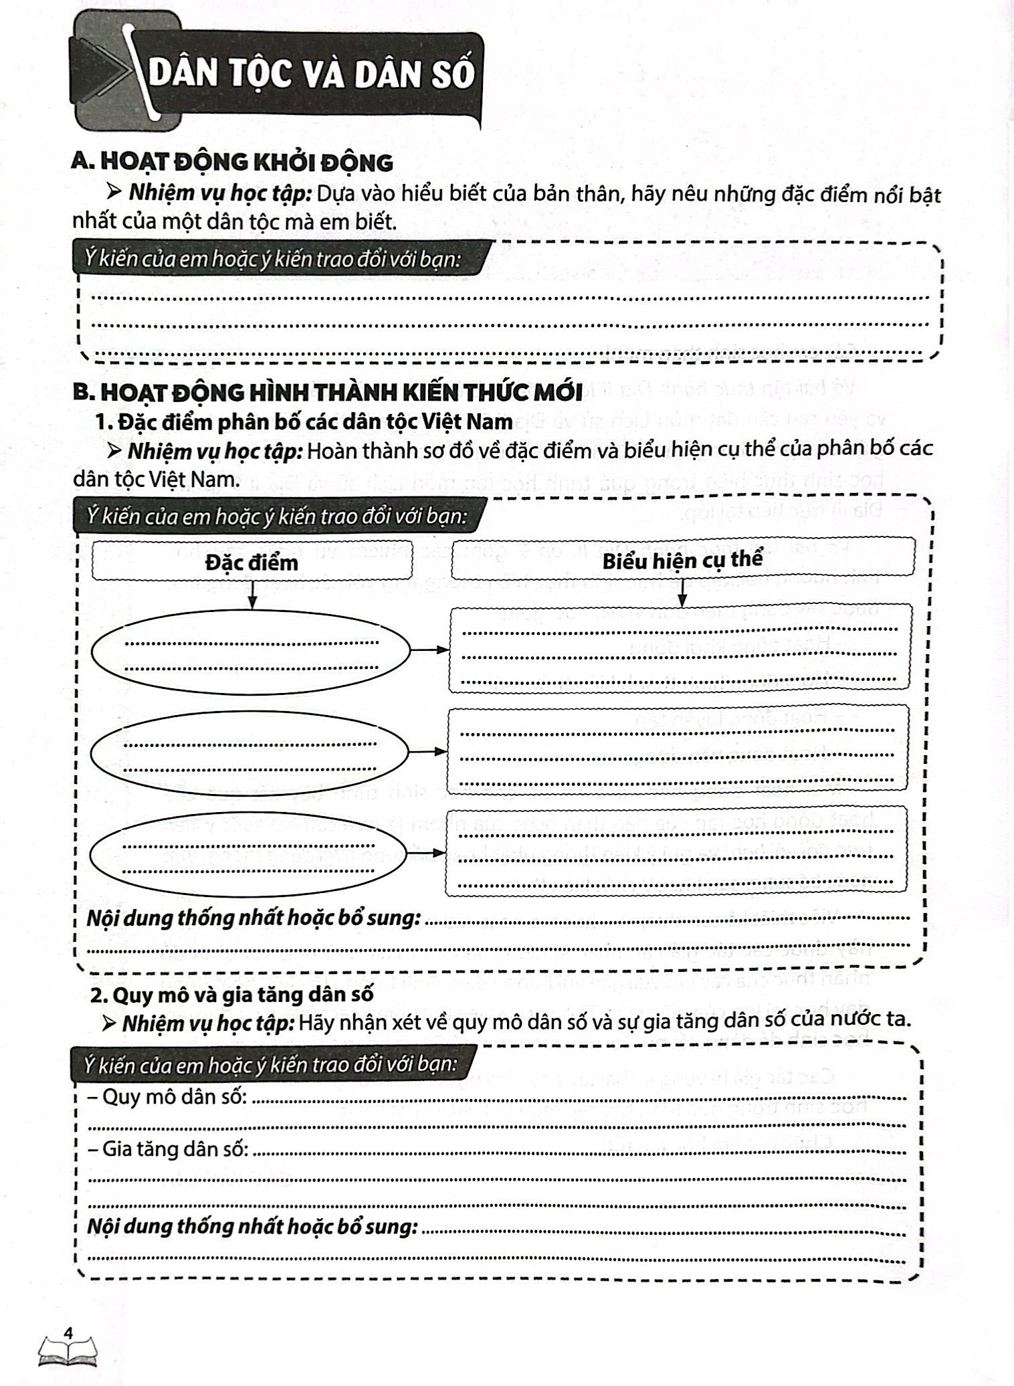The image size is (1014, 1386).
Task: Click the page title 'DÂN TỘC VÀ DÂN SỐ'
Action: pyautogui.click(x=310, y=76)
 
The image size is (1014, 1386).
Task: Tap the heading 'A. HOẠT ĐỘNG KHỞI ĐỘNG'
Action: pyautogui.click(x=232, y=162)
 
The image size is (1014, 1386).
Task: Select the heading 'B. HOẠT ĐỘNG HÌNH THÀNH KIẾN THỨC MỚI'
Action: pyautogui.click(x=327, y=391)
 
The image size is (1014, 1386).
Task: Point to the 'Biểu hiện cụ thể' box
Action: pyautogui.click(x=682, y=559)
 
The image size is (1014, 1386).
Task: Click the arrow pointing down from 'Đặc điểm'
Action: pyautogui.click(x=251, y=594)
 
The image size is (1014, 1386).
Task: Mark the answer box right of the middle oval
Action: pyautogui.click(x=677, y=747)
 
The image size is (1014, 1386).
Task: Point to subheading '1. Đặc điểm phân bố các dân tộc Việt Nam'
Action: pyautogui.click(x=304, y=422)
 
